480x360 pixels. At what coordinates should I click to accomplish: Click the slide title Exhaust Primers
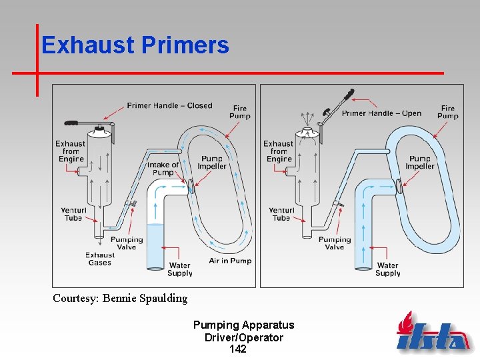(135, 45)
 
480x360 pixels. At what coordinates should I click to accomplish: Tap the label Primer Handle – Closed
(169, 105)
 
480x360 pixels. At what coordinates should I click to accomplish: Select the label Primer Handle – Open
(381, 113)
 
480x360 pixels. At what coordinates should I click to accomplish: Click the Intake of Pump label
(163, 169)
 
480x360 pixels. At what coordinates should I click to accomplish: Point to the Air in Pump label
(230, 261)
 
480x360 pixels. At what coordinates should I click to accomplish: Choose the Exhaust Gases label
(100, 259)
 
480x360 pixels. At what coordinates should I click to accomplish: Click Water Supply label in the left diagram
(180, 269)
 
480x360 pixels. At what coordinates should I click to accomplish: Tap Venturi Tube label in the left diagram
(73, 214)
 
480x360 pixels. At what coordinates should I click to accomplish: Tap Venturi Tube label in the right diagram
(281, 214)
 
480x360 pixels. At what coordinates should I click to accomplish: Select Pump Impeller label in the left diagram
(212, 163)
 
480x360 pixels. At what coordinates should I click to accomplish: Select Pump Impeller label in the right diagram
(420, 163)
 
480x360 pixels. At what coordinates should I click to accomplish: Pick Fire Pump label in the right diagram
(448, 112)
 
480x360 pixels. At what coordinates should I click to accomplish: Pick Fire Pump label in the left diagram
(240, 112)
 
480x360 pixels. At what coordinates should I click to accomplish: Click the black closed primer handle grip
(70, 123)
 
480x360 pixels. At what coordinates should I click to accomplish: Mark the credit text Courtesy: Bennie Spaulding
(120, 298)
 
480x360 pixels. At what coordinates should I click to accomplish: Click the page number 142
(237, 349)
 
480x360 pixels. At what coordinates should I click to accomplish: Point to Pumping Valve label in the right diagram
(334, 243)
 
